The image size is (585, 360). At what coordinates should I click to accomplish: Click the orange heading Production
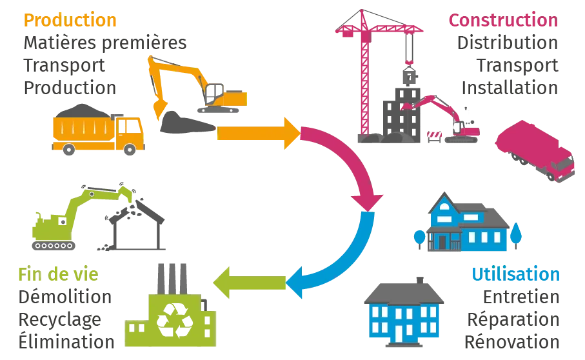click(70, 20)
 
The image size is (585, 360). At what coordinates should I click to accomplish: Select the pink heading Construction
click(503, 20)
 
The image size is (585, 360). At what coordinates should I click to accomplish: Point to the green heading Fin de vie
click(58, 275)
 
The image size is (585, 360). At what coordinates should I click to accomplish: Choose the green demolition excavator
click(71, 216)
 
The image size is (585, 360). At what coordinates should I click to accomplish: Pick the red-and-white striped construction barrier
click(433, 135)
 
